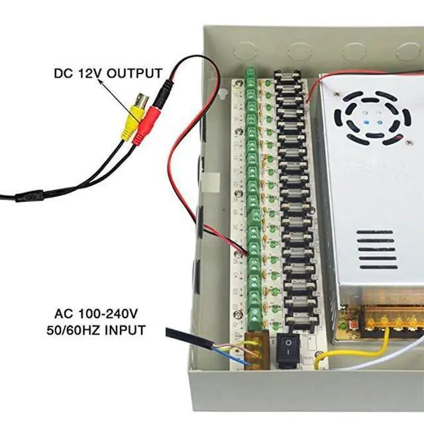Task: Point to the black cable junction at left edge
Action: click(30, 196)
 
